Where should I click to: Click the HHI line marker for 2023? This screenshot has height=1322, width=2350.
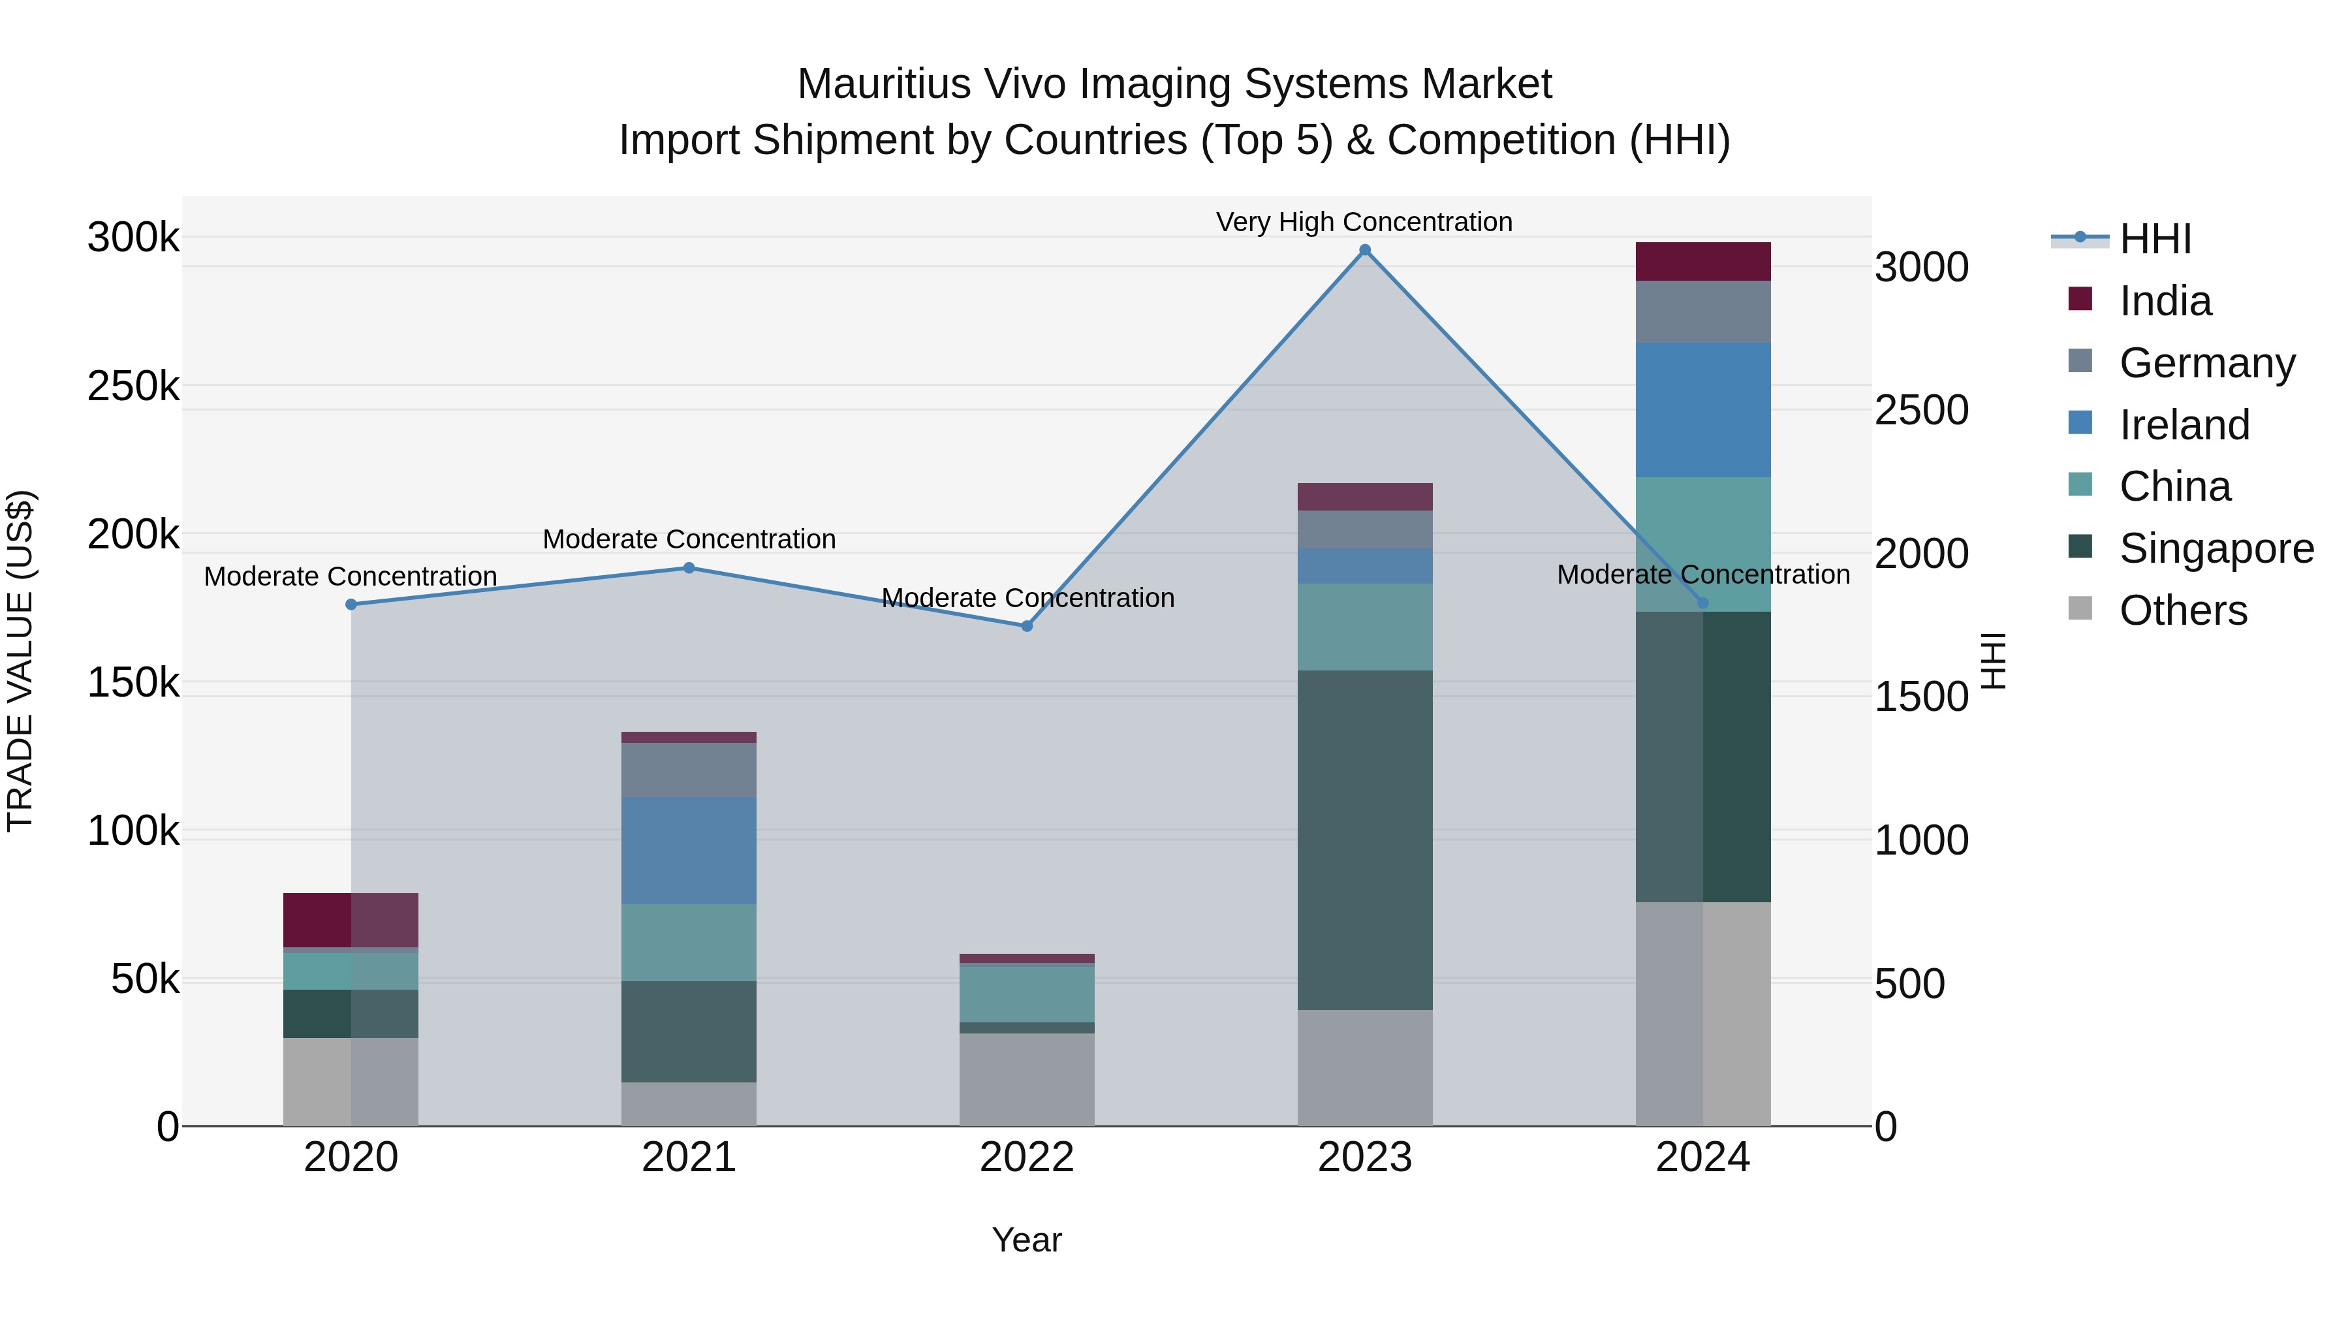point(1365,250)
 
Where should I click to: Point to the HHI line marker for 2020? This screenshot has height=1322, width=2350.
point(351,604)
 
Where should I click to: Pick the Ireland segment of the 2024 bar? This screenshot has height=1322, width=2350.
point(1702,409)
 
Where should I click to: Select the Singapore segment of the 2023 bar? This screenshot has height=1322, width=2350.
point(1365,840)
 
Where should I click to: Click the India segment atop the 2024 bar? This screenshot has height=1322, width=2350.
point(1702,262)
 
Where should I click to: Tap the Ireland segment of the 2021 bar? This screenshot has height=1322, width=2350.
point(689,850)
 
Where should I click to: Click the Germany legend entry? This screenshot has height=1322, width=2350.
point(2206,363)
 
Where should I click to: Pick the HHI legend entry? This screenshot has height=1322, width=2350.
point(2155,239)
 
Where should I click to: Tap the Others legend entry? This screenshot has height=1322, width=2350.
point(2183,610)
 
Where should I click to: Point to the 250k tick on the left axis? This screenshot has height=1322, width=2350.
point(133,386)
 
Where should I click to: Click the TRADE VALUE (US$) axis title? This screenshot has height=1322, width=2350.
point(20,661)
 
